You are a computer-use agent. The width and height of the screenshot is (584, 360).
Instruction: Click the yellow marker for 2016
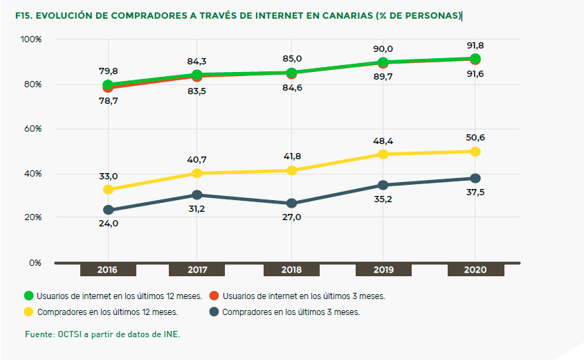tap(108, 189)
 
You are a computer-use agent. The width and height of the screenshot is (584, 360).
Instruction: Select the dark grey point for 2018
tap(291, 203)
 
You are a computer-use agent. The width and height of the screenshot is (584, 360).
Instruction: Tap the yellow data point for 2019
tap(383, 154)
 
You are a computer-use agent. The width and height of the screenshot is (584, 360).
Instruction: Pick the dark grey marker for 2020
tap(475, 178)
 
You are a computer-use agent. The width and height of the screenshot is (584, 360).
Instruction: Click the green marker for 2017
tap(197, 75)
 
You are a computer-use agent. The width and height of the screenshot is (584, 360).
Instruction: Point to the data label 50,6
tap(475, 138)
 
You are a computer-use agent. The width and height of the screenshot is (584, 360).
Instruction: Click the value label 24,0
tap(108, 223)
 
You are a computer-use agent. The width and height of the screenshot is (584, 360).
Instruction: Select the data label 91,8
tap(475, 46)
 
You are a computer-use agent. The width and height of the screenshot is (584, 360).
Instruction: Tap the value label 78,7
tap(108, 100)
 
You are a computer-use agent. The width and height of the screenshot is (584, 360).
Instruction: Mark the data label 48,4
tap(383, 141)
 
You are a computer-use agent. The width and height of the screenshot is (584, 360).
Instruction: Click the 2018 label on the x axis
tap(291, 270)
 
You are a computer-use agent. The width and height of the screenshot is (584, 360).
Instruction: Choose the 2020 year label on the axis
tap(475, 270)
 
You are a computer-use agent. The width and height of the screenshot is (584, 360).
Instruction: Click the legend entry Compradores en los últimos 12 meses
tap(108, 312)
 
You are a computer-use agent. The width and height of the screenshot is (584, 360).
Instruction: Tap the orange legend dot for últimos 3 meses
tap(215, 296)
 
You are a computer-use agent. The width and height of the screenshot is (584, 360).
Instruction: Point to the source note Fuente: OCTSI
tap(102, 334)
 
